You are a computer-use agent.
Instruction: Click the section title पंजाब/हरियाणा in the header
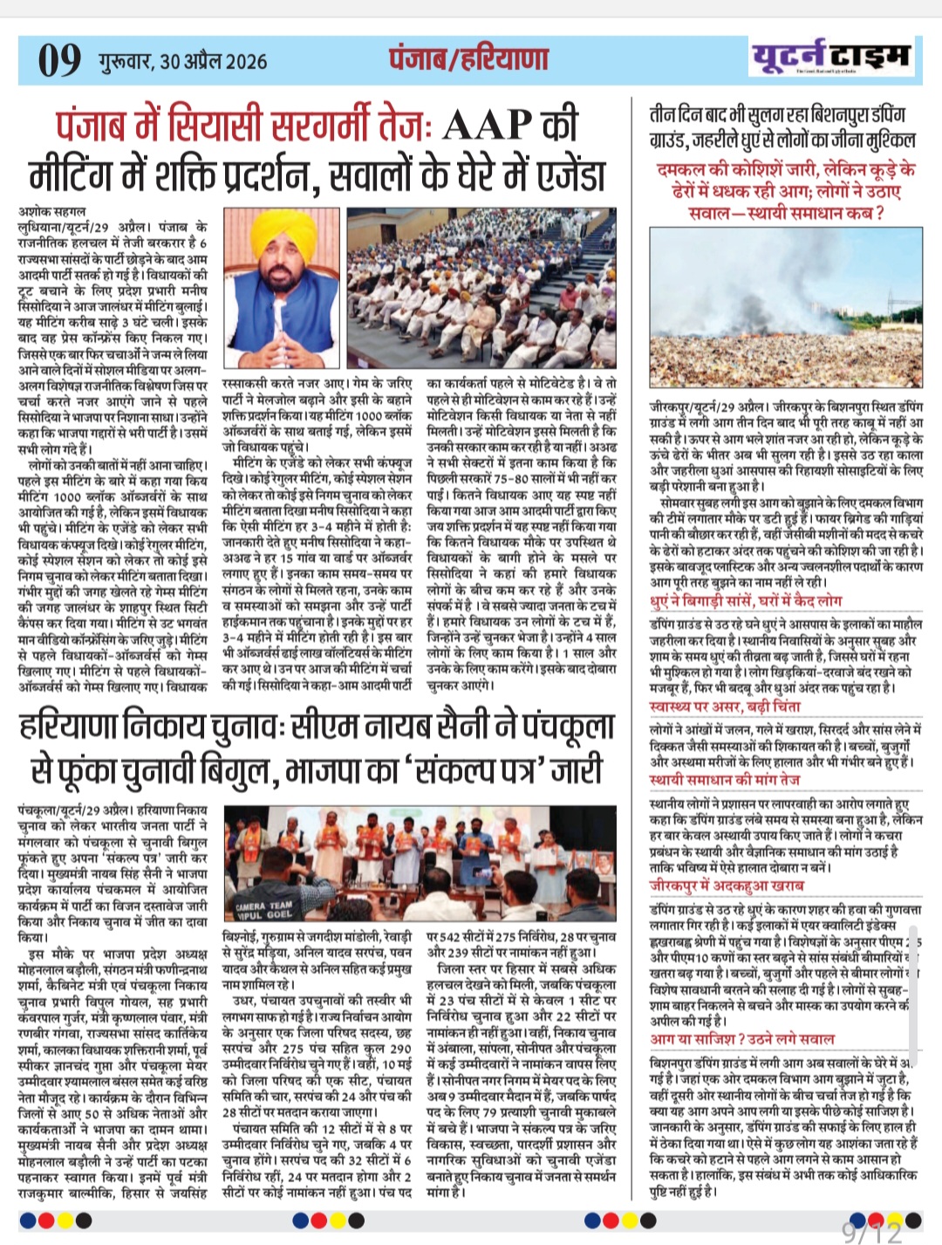[468, 58]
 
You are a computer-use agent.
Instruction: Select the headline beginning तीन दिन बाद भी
[782, 127]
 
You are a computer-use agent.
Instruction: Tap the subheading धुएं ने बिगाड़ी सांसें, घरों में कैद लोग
[746, 601]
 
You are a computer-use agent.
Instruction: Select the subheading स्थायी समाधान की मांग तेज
[725, 779]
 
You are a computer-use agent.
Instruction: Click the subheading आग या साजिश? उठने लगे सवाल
[742, 1038]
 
